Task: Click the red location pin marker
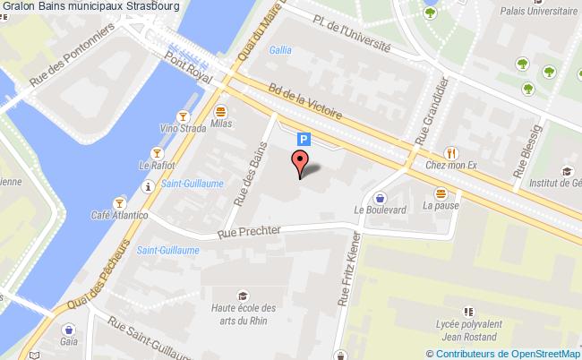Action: click(x=300, y=164)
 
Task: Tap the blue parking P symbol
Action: click(x=304, y=139)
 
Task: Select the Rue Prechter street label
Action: click(x=251, y=231)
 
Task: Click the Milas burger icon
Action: click(x=220, y=110)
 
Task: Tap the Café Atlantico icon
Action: click(x=117, y=202)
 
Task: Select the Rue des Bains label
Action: click(x=250, y=172)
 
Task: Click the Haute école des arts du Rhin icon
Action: click(x=242, y=296)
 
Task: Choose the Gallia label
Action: click(x=279, y=50)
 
